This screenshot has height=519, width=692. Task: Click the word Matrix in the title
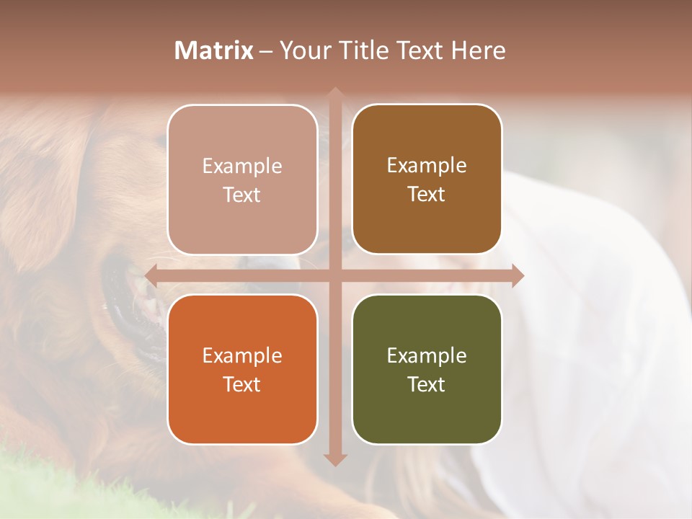(213, 50)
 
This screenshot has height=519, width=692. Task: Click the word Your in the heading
(303, 50)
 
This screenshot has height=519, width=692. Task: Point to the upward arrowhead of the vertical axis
(335, 94)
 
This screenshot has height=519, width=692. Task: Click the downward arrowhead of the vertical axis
(335, 459)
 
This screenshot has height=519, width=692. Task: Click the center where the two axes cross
(335, 275)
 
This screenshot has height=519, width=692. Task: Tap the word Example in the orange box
(242, 355)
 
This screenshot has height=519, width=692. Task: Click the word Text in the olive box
(427, 384)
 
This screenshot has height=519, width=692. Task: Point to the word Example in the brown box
(427, 165)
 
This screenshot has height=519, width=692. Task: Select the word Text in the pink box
(242, 195)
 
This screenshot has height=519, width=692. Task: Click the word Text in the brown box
(427, 194)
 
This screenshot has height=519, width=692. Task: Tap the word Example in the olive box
(427, 355)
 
